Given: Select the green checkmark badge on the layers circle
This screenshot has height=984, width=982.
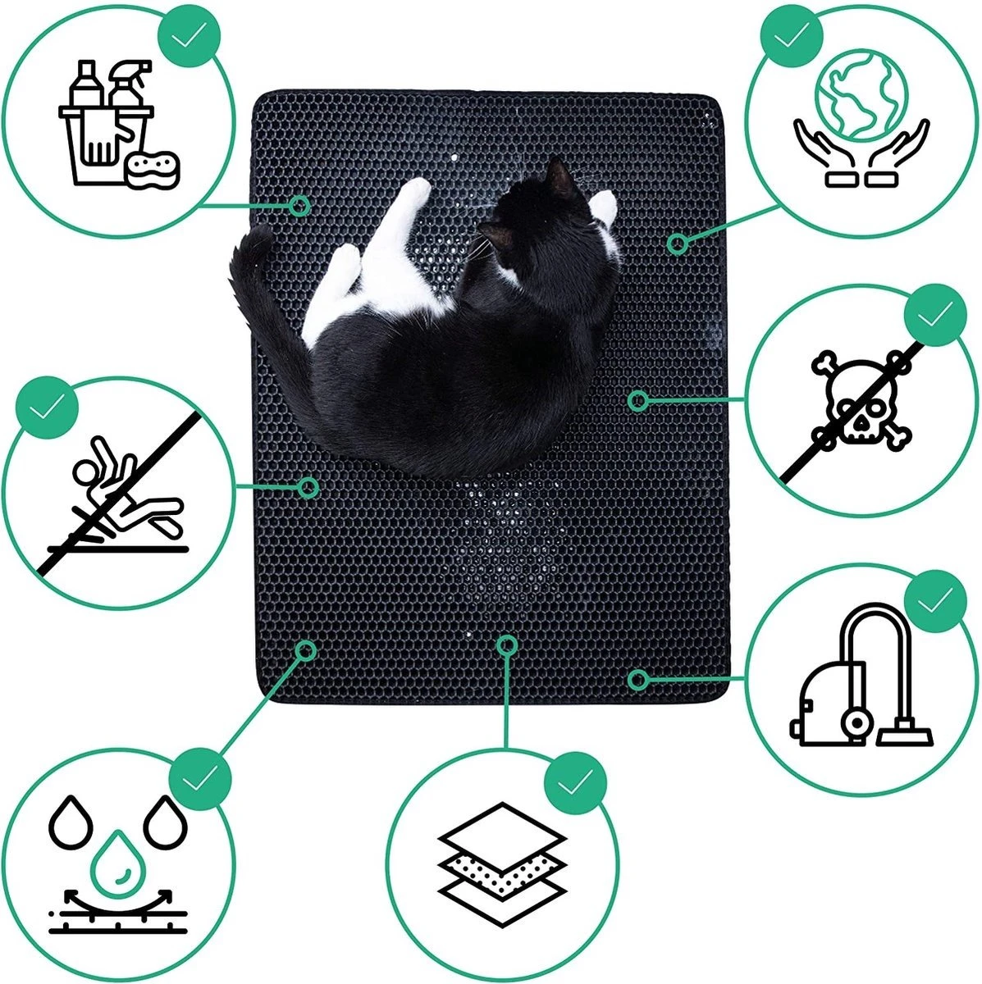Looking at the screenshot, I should [x=572, y=785].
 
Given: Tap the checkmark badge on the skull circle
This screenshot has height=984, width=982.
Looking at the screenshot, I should [x=934, y=314].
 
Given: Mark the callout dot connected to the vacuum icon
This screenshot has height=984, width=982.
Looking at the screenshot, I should [x=637, y=679].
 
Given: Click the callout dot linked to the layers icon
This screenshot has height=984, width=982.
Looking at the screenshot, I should [x=507, y=645].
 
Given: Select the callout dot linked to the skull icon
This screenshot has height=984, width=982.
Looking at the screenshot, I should [x=638, y=400].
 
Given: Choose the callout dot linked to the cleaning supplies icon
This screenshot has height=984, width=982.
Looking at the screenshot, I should [x=300, y=205].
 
